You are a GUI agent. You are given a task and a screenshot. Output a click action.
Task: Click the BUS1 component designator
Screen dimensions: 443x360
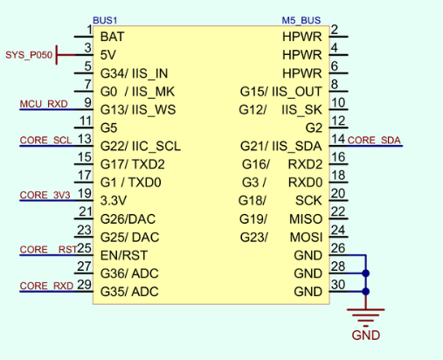coord(105,20)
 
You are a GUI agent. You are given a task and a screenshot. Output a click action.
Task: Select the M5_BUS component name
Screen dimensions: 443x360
coord(301,20)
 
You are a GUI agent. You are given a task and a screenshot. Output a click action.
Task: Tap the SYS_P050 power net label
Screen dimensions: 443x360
coord(29,55)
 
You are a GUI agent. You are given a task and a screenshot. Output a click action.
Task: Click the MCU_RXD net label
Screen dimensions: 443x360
coord(44,104)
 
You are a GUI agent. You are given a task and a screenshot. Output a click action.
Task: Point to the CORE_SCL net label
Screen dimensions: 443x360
coord(45,141)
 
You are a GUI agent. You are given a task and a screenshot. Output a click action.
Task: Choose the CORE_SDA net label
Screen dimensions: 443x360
coord(374,141)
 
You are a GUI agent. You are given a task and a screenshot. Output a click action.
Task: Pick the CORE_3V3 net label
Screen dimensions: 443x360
coord(45,195)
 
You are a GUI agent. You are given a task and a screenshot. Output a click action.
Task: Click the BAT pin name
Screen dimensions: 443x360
coord(112,37)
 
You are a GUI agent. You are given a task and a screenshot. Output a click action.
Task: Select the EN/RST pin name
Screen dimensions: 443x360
coord(124,255)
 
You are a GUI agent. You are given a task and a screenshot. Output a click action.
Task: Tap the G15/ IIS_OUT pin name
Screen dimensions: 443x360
coord(280,92)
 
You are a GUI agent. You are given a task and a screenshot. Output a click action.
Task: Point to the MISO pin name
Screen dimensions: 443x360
coord(306,219)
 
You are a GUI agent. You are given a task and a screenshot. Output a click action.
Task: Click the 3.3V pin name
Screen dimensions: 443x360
coord(114,201)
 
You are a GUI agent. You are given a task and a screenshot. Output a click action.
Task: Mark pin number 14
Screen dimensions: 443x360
coord(338,139)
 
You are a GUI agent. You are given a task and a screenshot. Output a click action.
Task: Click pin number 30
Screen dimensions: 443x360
coord(338,285)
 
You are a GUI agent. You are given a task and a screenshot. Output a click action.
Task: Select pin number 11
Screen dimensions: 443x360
coord(86,121)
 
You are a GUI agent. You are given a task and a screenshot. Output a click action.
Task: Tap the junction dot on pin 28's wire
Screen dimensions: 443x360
coord(366,273)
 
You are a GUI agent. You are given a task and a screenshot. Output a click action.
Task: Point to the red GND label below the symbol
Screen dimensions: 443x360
coord(366,336)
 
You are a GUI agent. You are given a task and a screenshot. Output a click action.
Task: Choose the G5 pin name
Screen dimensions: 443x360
coord(108,128)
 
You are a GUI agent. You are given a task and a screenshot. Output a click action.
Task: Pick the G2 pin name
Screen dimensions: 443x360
coord(314,128)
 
